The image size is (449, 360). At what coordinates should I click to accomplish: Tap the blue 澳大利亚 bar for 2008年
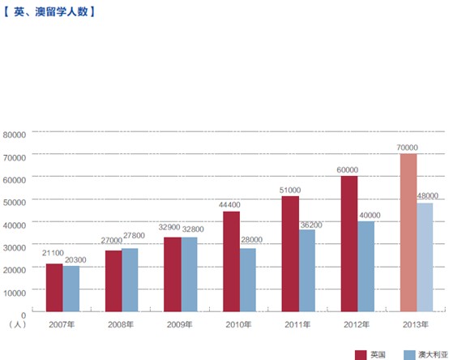(x=130, y=279)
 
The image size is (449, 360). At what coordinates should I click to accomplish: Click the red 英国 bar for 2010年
(x=231, y=260)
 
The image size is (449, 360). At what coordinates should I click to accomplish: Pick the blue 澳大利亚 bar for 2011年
(x=307, y=270)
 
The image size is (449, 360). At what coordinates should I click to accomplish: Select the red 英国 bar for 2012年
(x=349, y=243)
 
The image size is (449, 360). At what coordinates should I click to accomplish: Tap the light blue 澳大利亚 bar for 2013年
(x=425, y=256)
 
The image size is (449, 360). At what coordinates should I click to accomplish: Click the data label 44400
(x=231, y=205)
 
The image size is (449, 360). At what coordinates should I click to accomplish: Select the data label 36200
(x=311, y=224)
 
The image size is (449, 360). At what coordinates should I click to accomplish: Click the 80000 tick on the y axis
(x=15, y=133)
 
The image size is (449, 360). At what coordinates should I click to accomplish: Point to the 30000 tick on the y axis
(x=15, y=245)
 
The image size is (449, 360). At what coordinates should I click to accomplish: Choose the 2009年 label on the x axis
(x=179, y=324)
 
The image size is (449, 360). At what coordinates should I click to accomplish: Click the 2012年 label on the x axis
(x=356, y=324)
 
